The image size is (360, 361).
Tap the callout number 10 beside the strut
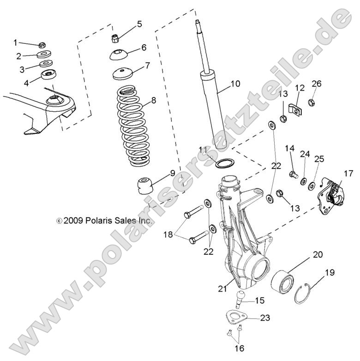235,84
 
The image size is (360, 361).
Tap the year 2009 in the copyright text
73,221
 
